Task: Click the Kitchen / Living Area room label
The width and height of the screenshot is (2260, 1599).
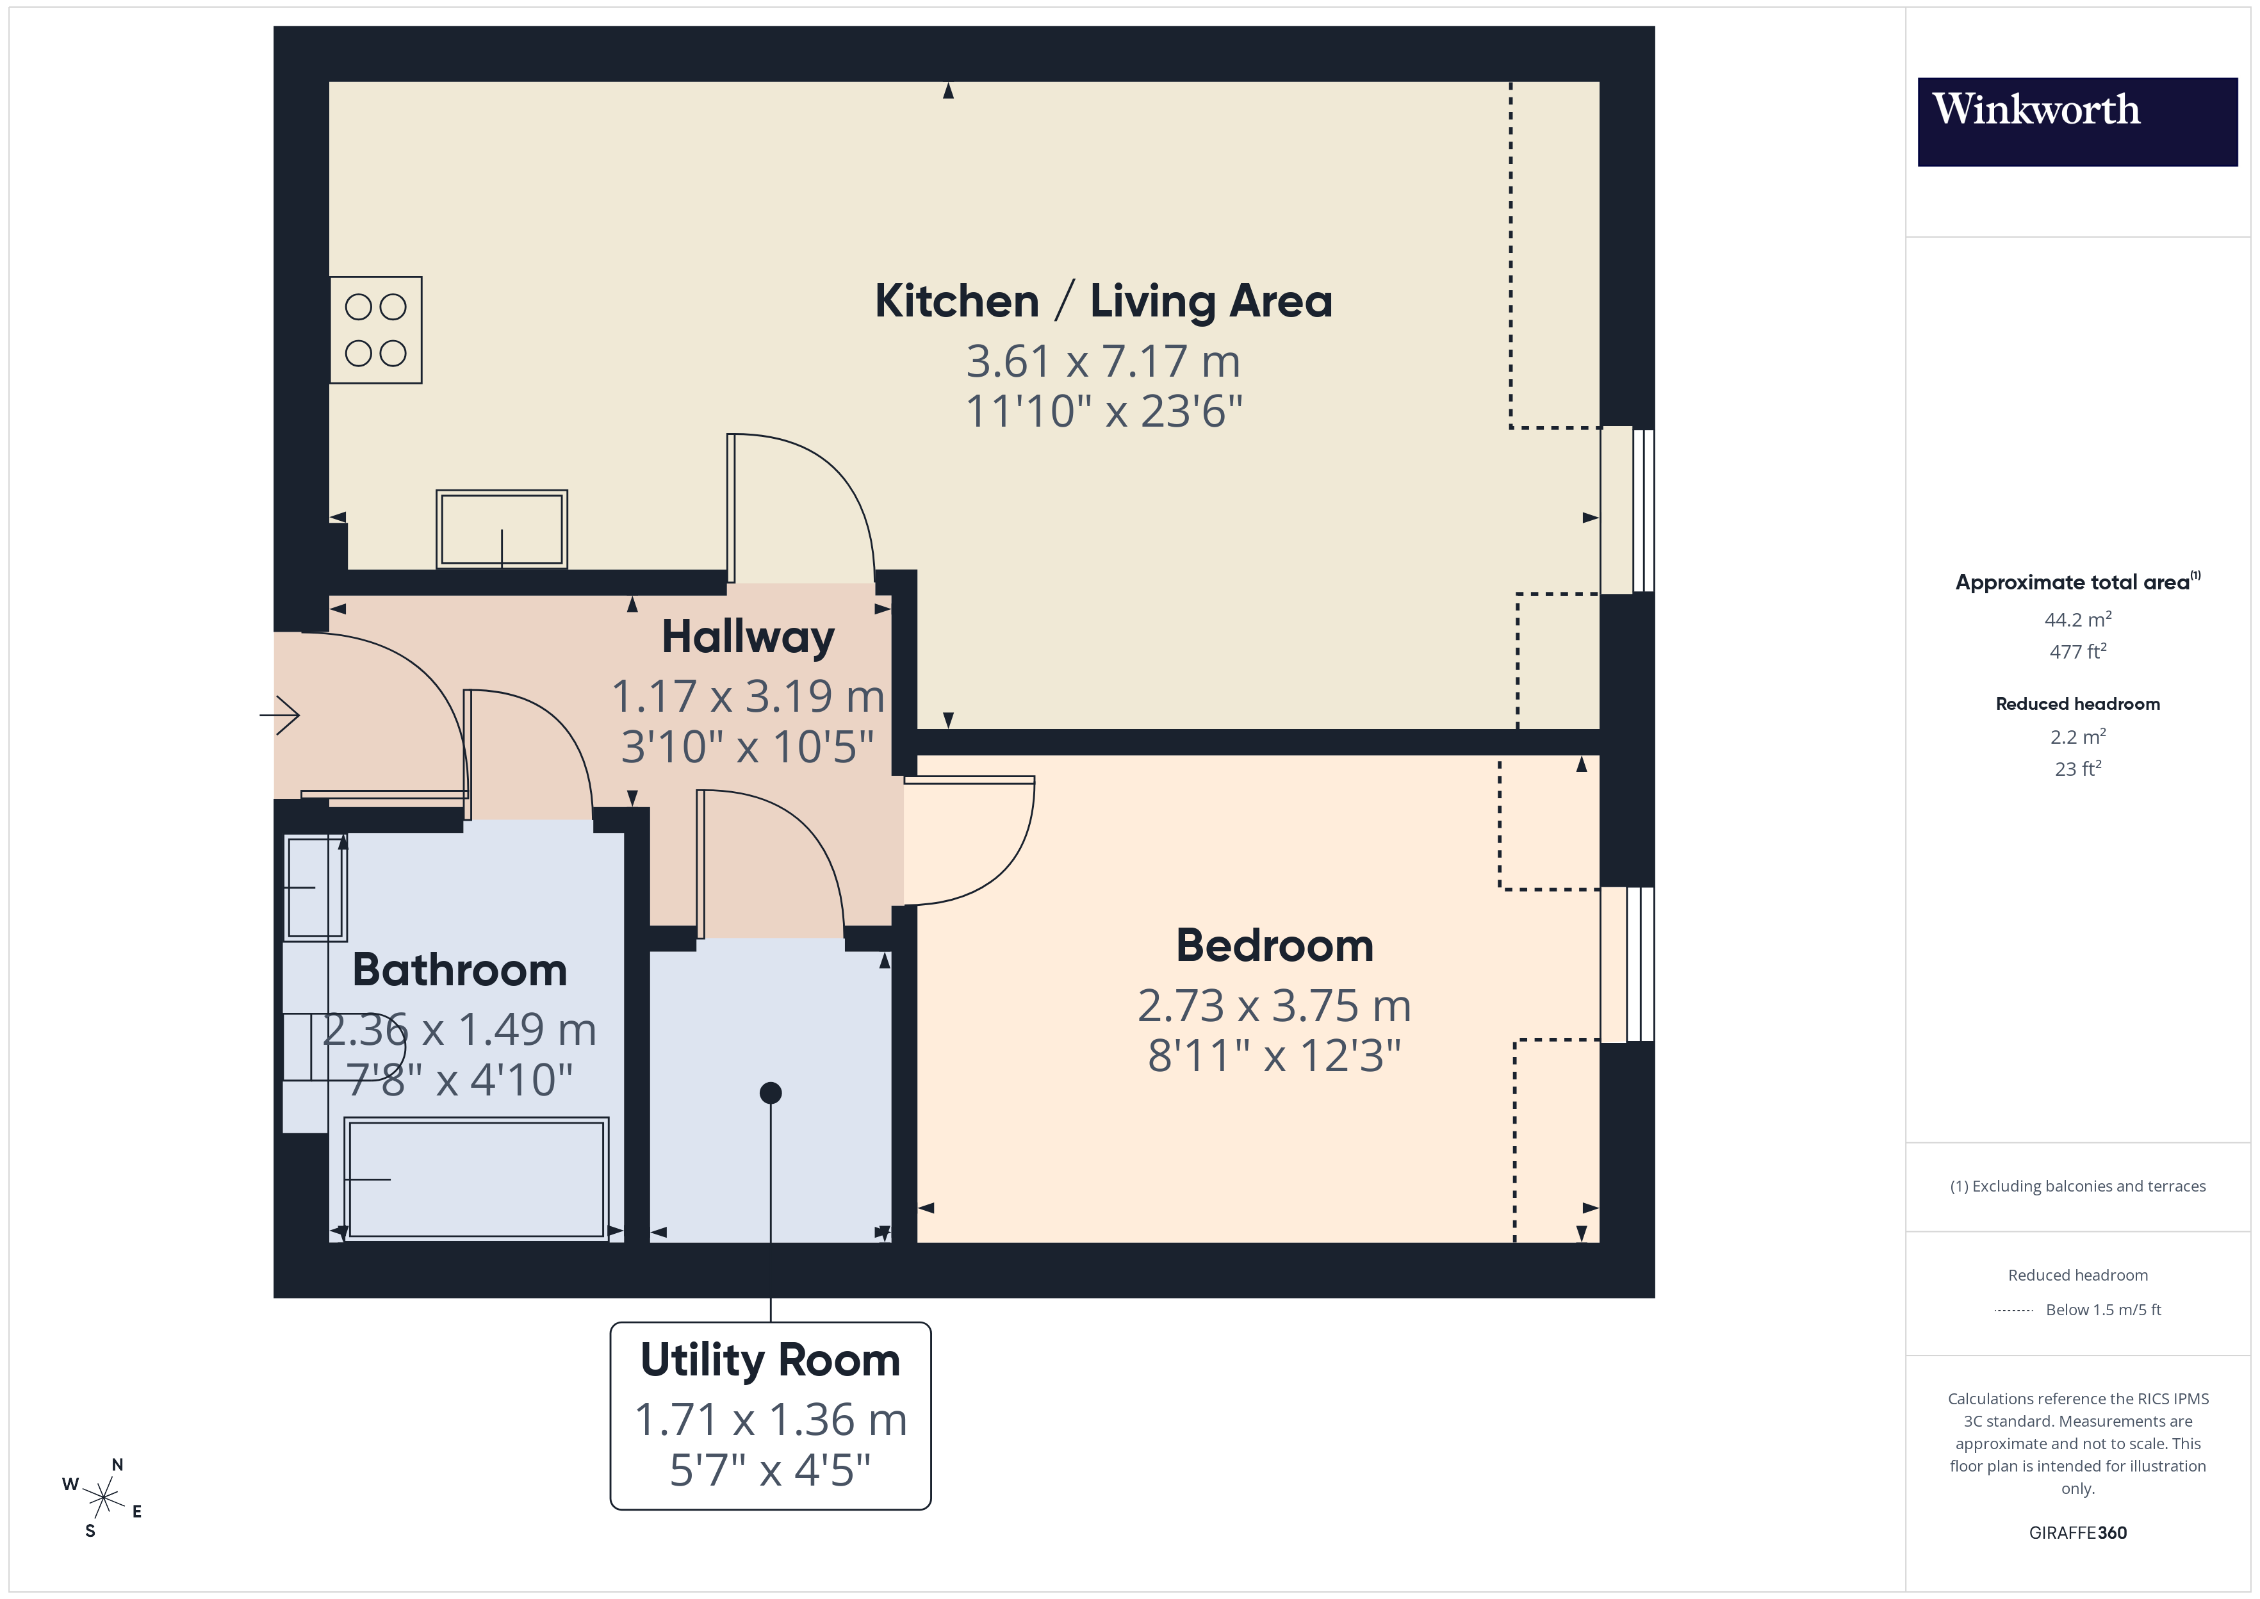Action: [1102, 301]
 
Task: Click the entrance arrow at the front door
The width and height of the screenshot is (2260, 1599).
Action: [281, 715]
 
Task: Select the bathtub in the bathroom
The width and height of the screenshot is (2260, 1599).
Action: [477, 1179]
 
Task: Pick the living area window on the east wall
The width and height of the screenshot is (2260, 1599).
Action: [1627, 510]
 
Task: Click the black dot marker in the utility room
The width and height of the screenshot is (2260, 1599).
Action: [771, 1093]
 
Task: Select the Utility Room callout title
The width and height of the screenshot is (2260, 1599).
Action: [770, 1361]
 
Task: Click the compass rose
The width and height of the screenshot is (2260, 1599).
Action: [102, 1498]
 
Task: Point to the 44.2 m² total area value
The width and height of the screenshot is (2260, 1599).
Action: [2077, 620]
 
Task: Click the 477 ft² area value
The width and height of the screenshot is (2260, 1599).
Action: [2077, 652]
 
